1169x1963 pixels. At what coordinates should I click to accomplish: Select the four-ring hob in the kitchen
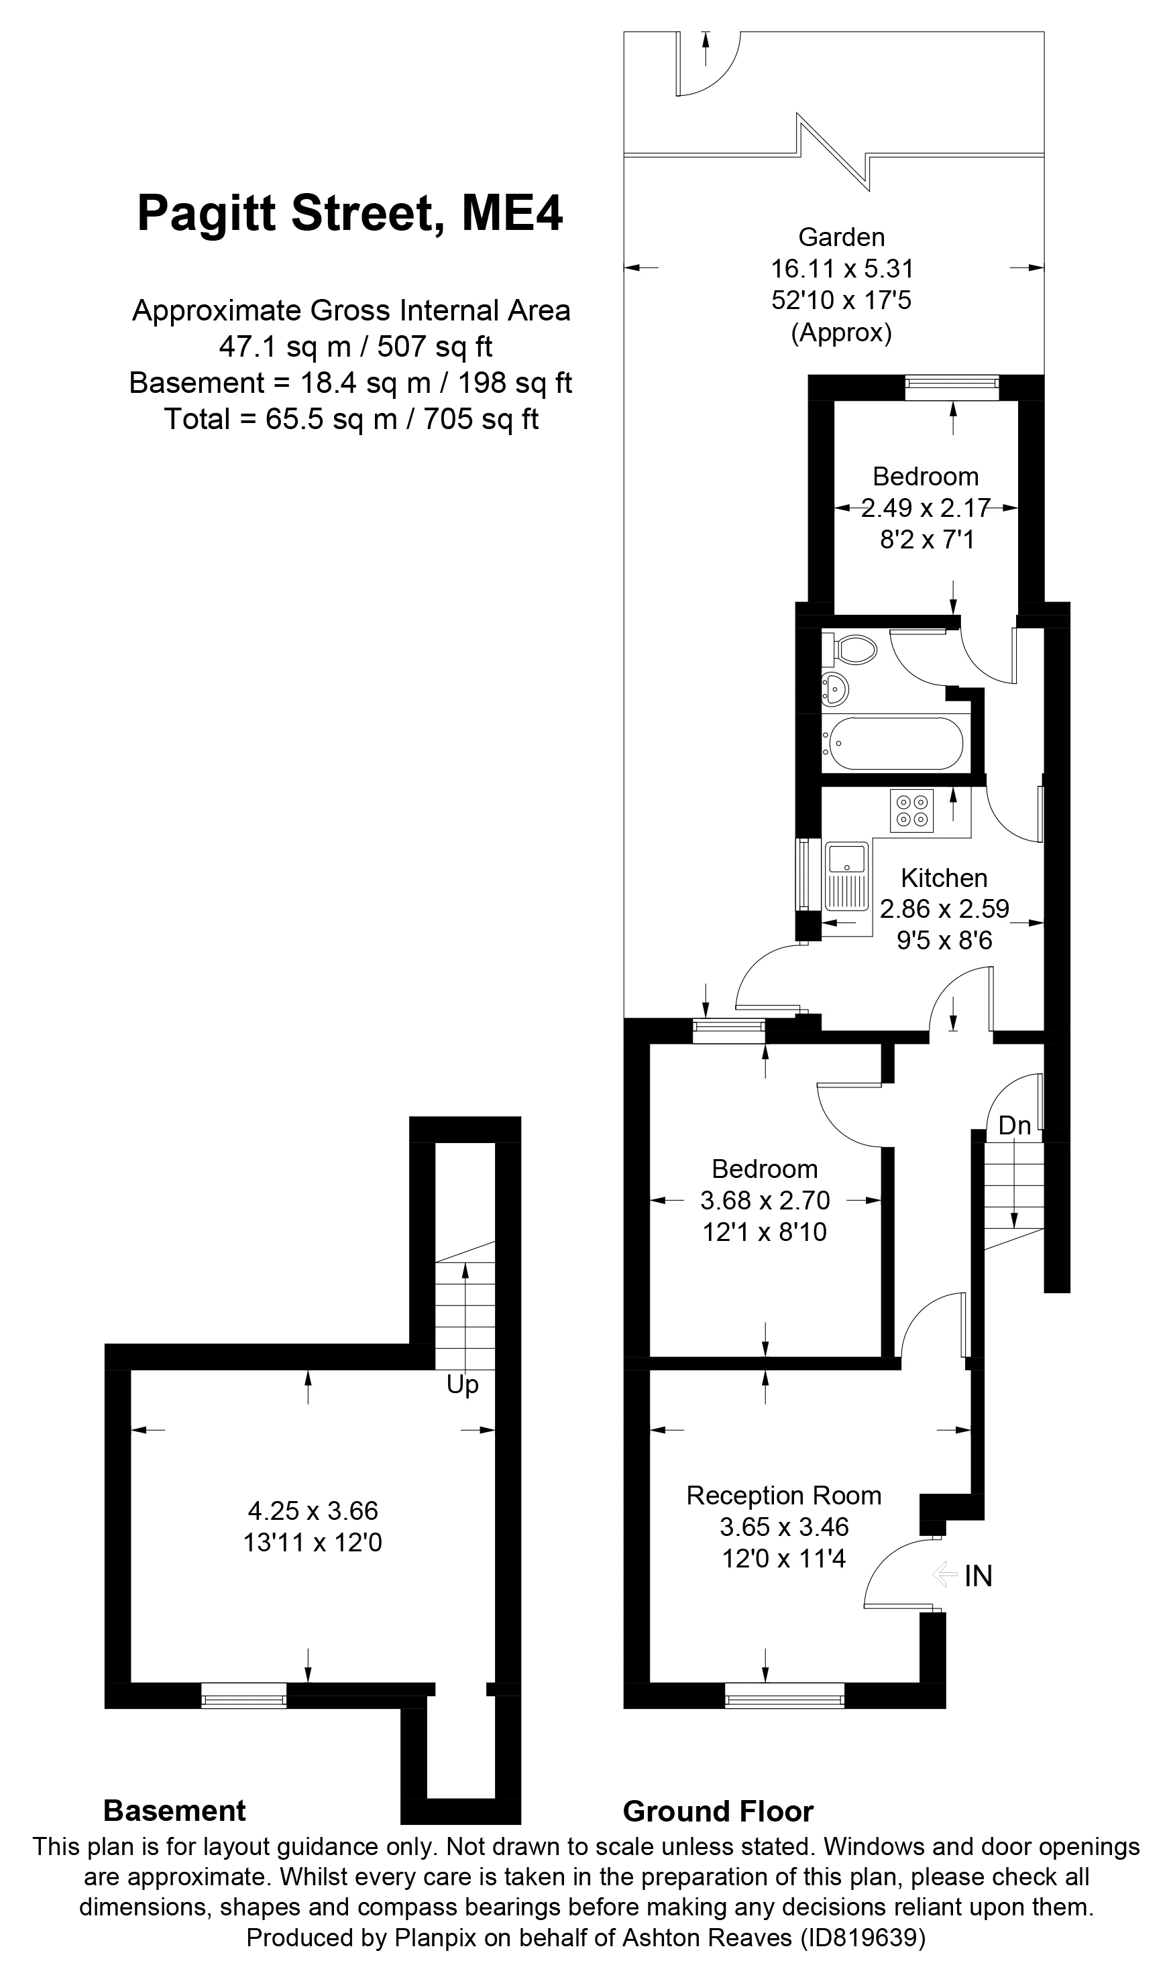(912, 811)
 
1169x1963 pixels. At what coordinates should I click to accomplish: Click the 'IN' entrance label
(978, 1575)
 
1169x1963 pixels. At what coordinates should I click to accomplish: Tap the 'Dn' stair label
(1014, 1127)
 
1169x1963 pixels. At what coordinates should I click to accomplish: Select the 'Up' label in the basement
(462, 1385)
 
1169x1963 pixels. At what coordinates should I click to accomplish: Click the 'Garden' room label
(841, 237)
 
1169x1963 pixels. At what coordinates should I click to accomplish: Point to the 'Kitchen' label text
(944, 878)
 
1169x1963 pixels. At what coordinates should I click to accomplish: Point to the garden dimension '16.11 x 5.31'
(841, 270)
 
